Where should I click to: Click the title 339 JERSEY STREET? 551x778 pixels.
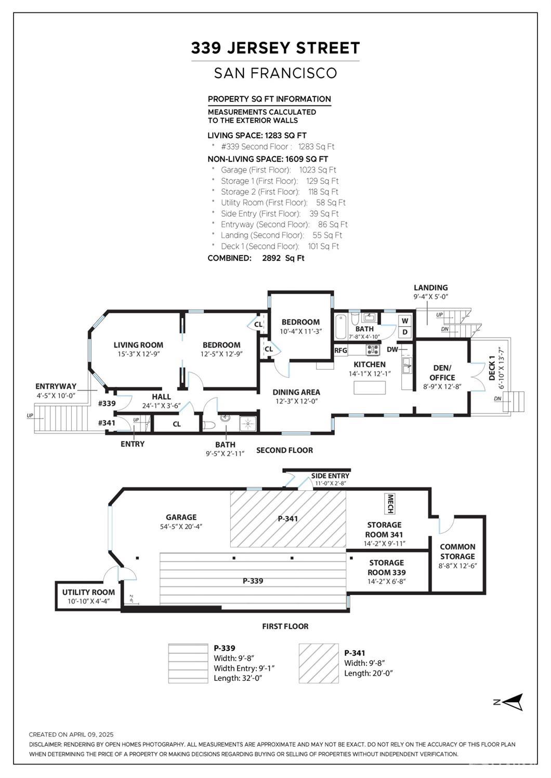(275, 48)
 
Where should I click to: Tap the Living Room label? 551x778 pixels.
(138, 345)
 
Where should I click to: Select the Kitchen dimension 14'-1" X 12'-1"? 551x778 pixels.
(370, 374)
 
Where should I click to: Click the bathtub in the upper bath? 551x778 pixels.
(340, 327)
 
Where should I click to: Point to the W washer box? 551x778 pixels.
(405, 320)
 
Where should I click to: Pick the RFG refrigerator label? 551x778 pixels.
(340, 350)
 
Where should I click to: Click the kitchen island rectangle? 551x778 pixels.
(370, 387)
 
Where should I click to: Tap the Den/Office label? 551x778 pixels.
(442, 373)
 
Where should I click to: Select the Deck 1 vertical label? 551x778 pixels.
(492, 368)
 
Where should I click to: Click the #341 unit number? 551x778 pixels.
(107, 423)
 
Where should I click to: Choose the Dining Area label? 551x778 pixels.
(296, 392)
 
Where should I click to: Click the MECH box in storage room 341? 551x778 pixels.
(390, 504)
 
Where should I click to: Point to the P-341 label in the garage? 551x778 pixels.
(288, 518)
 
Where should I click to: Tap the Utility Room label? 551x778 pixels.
(88, 592)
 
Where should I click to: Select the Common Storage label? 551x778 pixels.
(457, 552)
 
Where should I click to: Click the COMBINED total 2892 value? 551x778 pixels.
(271, 258)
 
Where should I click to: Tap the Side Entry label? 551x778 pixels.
(330, 476)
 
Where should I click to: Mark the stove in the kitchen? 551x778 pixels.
(373, 350)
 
